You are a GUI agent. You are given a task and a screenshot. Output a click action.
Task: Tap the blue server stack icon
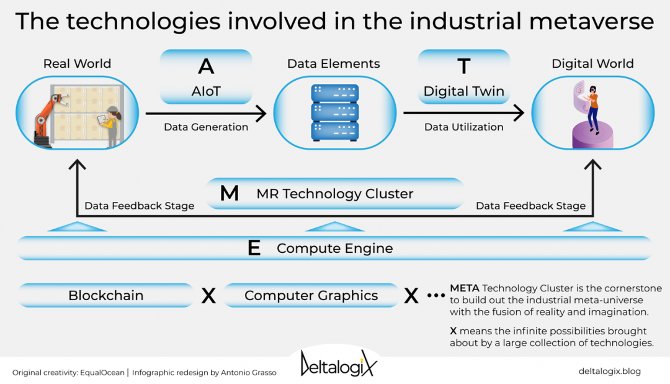pyautogui.click(x=334, y=112)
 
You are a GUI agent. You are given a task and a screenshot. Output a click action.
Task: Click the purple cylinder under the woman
pyautogui.click(x=592, y=135)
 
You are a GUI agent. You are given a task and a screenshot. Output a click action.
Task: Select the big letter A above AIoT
pyautogui.click(x=206, y=66)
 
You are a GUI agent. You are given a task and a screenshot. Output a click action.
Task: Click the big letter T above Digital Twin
pyautogui.click(x=464, y=66)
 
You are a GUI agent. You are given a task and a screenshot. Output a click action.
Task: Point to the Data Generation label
pyautogui.click(x=206, y=127)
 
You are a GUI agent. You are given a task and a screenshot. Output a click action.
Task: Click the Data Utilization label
pyautogui.click(x=464, y=127)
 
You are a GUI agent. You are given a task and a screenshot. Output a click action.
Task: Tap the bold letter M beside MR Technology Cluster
pyautogui.click(x=230, y=193)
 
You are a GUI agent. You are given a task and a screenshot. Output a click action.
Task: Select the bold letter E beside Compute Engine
pyautogui.click(x=254, y=248)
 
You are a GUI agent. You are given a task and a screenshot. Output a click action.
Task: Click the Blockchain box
pyautogui.click(x=106, y=295)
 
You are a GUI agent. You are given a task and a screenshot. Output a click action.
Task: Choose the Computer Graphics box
pyautogui.click(x=311, y=295)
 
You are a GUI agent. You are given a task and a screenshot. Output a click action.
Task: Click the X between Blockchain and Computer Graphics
pyautogui.click(x=208, y=296)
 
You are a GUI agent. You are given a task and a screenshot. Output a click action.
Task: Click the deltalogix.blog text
pyautogui.click(x=610, y=372)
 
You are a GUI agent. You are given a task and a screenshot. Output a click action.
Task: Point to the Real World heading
pyautogui.click(x=78, y=64)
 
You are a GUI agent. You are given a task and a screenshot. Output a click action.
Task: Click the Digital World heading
pyautogui.click(x=592, y=64)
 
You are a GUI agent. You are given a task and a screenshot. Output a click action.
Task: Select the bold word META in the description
pyautogui.click(x=465, y=288)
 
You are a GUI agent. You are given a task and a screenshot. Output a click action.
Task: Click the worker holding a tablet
pyautogui.click(x=110, y=126)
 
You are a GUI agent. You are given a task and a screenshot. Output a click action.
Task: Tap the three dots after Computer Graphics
pyautogui.click(x=436, y=295)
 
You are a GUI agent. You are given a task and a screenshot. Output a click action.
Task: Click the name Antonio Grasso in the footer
pyautogui.click(x=249, y=372)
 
